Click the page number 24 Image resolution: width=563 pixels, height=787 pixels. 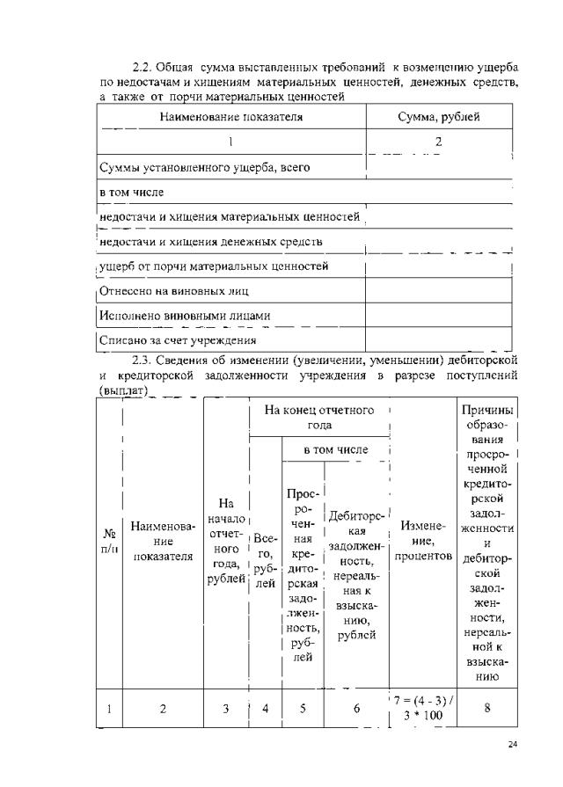(515, 746)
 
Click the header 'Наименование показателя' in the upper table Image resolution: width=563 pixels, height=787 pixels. (230, 116)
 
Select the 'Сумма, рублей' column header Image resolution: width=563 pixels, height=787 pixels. (438, 116)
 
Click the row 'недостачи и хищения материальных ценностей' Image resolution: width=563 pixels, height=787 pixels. (230, 215)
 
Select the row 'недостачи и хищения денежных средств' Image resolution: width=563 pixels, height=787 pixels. (211, 241)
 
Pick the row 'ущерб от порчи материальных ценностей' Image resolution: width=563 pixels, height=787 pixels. (215, 266)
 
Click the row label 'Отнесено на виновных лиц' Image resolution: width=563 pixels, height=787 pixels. (176, 290)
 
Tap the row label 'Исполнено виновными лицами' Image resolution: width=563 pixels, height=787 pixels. (186, 315)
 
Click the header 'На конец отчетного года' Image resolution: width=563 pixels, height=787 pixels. (318, 417)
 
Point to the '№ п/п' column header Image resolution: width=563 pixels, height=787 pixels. (109, 541)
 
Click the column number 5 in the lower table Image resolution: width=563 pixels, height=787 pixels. (303, 708)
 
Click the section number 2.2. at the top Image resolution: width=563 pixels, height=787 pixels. (144, 68)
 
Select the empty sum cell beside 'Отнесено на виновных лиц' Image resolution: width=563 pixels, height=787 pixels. (438, 290)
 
